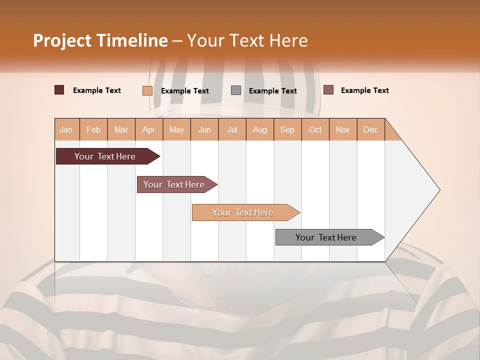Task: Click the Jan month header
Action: pos(66,129)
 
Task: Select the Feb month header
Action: pos(93,129)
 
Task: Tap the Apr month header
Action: pos(148,129)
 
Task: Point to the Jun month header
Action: pos(204,129)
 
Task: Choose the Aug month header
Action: pos(259,129)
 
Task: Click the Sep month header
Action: pos(287,129)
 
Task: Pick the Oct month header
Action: pos(315,129)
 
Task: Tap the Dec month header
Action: pos(370,129)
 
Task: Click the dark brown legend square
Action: pos(59,90)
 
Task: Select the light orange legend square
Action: pos(147,90)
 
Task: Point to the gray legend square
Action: pos(236,90)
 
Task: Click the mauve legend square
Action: pos(328,90)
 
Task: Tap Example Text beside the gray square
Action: pos(272,91)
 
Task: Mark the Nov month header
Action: pos(343,129)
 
